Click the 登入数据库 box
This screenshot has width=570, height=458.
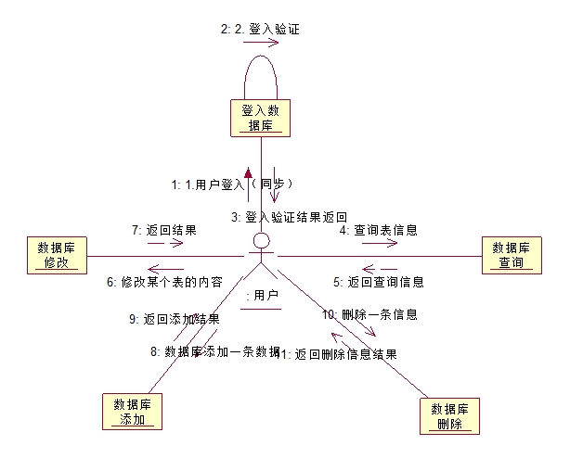point(260,117)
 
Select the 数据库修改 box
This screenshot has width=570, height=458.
point(56,255)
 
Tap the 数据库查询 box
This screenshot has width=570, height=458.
point(511,255)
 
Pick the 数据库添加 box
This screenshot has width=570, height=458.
point(132,411)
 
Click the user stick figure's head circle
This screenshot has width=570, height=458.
point(262,243)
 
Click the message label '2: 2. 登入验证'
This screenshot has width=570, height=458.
point(260,29)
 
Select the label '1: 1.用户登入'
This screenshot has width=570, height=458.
point(207,184)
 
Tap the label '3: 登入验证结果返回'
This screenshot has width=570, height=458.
point(290,217)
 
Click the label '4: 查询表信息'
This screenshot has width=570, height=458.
point(377,229)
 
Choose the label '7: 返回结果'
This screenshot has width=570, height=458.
point(163,229)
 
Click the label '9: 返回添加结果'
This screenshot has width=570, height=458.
point(174,319)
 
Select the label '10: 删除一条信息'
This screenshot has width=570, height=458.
point(369,314)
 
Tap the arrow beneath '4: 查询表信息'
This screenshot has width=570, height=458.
point(380,244)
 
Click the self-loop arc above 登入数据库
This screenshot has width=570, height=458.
point(262,57)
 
